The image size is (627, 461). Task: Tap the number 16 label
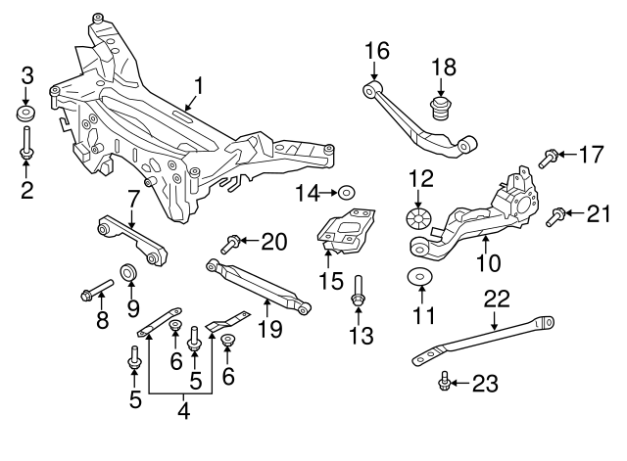[x=377, y=50]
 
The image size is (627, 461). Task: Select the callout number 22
[x=498, y=298]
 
